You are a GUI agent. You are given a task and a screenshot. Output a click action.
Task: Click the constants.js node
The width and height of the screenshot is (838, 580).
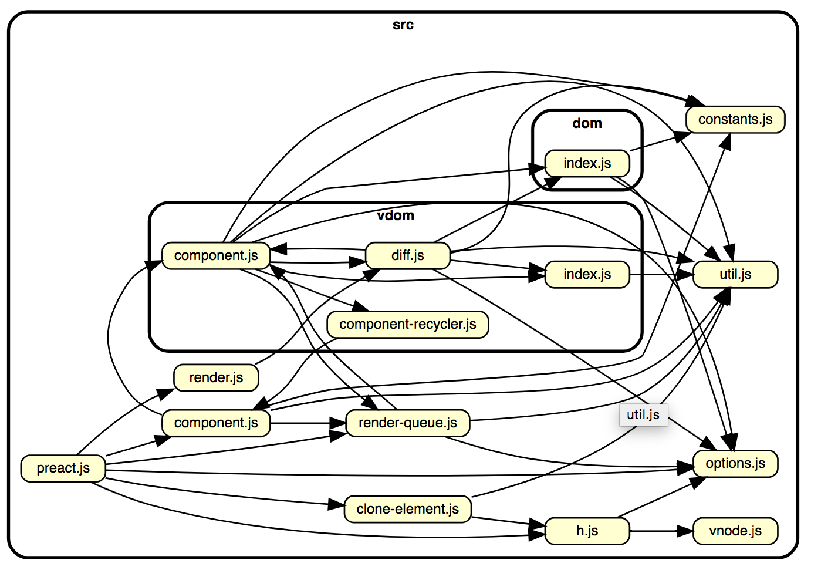pyautogui.click(x=735, y=120)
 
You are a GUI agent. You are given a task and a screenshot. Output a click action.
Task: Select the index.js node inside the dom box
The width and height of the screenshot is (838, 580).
pyautogui.click(x=587, y=163)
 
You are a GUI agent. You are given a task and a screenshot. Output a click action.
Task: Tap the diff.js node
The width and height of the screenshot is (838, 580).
pyautogui.click(x=407, y=255)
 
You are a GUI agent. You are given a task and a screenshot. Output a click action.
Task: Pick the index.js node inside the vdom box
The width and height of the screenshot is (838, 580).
pyautogui.click(x=587, y=274)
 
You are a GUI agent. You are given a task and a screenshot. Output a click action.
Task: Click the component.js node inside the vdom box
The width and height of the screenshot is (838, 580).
pyautogui.click(x=216, y=255)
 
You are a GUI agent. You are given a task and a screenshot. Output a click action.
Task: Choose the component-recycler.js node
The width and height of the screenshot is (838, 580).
pyautogui.click(x=407, y=324)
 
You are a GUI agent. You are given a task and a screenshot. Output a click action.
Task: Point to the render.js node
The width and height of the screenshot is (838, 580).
pyautogui.click(x=216, y=377)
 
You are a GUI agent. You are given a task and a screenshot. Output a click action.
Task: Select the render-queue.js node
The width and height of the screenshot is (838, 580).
pyautogui.click(x=407, y=423)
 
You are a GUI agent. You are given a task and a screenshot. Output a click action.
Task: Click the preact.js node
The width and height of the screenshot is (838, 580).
pyautogui.click(x=63, y=468)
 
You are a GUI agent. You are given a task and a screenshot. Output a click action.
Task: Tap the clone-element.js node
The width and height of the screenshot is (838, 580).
pyautogui.click(x=407, y=509)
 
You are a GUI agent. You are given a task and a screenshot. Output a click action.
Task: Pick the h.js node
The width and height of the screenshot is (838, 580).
pyautogui.click(x=587, y=531)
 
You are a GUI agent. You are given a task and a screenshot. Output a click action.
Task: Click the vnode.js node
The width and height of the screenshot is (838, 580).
pyautogui.click(x=735, y=531)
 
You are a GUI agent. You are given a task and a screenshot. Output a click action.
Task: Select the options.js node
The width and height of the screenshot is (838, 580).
pyautogui.click(x=735, y=463)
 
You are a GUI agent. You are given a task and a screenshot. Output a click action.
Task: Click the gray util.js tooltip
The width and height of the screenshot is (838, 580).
pyautogui.click(x=643, y=414)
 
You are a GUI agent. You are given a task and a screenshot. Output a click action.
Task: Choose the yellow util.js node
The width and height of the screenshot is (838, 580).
pyautogui.click(x=735, y=274)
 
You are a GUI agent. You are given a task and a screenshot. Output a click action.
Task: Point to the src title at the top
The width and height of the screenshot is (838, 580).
pyautogui.click(x=403, y=25)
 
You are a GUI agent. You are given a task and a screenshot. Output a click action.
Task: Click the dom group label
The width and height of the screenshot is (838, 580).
pyautogui.click(x=587, y=123)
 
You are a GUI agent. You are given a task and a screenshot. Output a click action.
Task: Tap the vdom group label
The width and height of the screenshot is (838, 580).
pyautogui.click(x=396, y=215)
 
